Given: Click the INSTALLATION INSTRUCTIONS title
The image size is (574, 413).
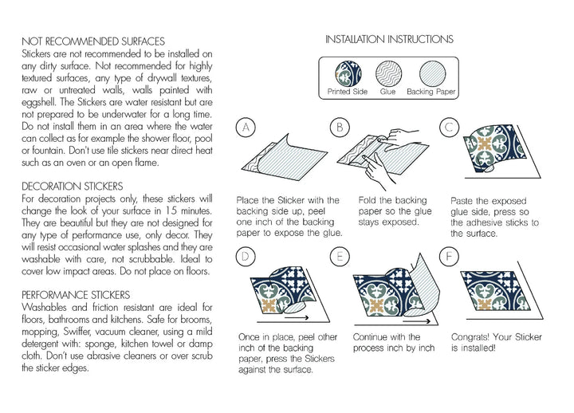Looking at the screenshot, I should click(x=391, y=38).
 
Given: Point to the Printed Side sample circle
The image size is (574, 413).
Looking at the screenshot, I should click(x=342, y=72).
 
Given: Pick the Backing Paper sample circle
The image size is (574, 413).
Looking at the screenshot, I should click(x=431, y=73).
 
